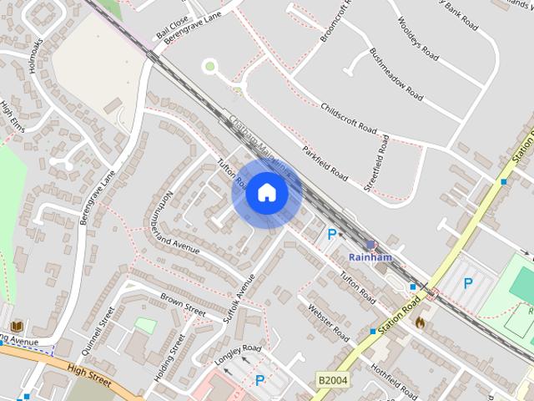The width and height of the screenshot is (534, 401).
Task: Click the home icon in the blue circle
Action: click(266, 193)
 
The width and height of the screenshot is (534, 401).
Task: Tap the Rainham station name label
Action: click(370, 257)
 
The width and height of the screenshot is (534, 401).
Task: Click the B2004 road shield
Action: click(332, 380)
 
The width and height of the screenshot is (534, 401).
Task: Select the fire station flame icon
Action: click(420, 321)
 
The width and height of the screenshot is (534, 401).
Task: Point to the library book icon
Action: click(18, 326)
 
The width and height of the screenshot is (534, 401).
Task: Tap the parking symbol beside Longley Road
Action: click(259, 381)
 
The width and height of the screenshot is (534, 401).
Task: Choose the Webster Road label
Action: click(329, 322)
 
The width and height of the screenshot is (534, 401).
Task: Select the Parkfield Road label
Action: click(325, 164)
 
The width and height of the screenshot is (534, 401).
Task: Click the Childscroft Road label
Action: click(349, 119)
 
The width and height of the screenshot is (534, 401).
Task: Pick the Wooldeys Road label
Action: click(418, 39)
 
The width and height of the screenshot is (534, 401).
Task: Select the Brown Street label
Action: click(183, 304)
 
